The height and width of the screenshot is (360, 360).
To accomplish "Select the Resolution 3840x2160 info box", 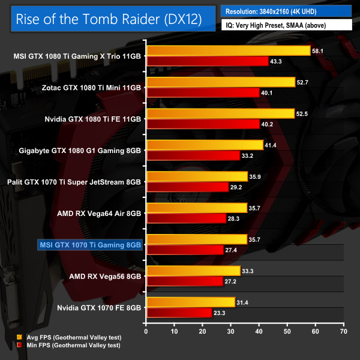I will pos(287,11).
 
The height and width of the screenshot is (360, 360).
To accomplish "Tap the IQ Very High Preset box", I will pos(287,26).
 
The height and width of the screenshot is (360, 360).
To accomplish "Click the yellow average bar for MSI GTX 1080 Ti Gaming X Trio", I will pos(228,51).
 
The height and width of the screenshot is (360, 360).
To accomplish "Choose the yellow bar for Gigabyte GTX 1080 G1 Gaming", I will pos(205,145).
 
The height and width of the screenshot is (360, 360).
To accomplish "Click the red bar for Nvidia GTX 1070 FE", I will pos(179,311).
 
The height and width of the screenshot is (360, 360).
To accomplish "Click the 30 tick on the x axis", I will pos(231,331).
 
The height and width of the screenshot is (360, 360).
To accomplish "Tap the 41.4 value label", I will pos(271,145).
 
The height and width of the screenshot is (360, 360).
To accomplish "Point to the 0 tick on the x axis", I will pos(146,331).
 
